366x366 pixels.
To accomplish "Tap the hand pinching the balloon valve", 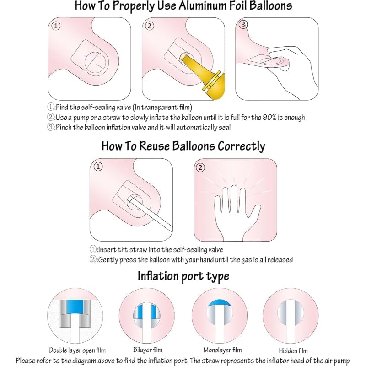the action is pyautogui.click(x=292, y=70).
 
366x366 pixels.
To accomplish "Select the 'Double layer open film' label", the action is pyautogui.click(x=77, y=350).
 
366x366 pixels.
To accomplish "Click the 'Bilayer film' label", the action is pyautogui.click(x=148, y=350).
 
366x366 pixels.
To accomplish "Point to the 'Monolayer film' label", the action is pyautogui.click(x=223, y=350).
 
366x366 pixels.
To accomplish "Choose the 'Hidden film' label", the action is pyautogui.click(x=293, y=350).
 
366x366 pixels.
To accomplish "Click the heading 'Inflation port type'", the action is pyautogui.click(x=183, y=276).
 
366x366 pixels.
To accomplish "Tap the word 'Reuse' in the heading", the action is pyautogui.click(x=154, y=146).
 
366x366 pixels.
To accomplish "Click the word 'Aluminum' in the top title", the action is pyautogui.click(x=204, y=5).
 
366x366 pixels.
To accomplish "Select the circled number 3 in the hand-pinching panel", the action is pyautogui.click(x=243, y=24).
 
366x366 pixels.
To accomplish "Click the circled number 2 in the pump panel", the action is pyautogui.click(x=150, y=26).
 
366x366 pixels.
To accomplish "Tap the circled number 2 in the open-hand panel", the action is pyautogui.click(x=200, y=167).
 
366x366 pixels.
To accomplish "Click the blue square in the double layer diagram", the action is pyautogui.click(x=75, y=307).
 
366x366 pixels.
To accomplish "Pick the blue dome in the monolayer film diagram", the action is pyautogui.click(x=219, y=303).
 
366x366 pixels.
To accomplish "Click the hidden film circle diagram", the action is pyautogui.click(x=291, y=315).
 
